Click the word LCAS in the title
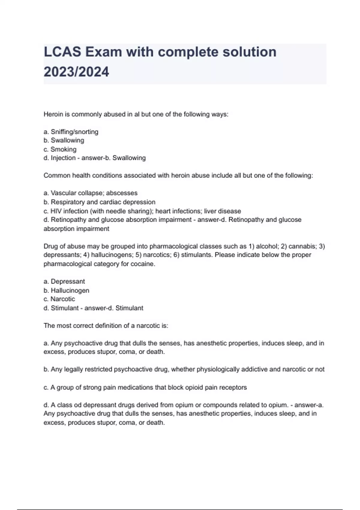point(62,52)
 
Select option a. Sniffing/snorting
point(71,132)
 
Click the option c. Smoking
point(60,149)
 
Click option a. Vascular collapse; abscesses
point(91,193)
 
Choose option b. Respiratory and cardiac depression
point(100,202)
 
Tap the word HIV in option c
point(56,211)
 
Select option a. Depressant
point(64,281)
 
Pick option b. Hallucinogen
point(66,290)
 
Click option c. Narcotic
point(59,299)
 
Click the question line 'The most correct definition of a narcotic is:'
point(106,325)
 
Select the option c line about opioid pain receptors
point(145,387)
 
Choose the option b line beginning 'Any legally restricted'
point(184,369)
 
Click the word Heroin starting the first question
point(53,114)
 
